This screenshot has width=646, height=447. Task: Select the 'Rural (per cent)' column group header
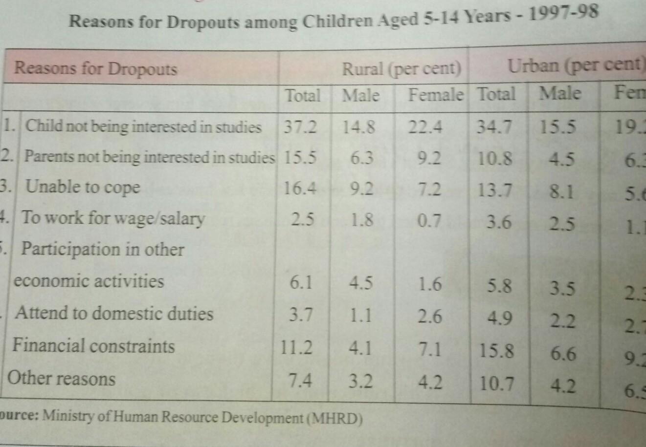point(401,69)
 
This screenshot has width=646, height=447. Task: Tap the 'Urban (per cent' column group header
point(575,65)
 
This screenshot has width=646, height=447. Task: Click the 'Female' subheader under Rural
point(436,94)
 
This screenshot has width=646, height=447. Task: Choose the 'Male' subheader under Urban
point(560,93)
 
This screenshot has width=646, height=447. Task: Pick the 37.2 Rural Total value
point(300,127)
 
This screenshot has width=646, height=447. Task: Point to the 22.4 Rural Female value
point(425,127)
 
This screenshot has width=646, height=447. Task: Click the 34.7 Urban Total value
point(494,127)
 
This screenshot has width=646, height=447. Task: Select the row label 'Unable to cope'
point(83,187)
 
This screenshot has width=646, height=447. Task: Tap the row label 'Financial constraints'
point(93,345)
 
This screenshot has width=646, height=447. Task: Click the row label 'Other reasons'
point(62,378)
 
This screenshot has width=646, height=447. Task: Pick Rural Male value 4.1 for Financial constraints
point(360,348)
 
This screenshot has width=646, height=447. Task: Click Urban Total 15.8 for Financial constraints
point(495,351)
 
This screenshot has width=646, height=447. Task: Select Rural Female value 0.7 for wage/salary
point(430,221)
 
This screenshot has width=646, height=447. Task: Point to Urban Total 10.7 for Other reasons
point(496,383)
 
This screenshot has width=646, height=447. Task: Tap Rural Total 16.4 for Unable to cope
point(300,188)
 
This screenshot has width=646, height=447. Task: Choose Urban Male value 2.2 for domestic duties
point(562,320)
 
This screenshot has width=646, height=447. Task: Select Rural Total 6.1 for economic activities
point(300,282)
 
